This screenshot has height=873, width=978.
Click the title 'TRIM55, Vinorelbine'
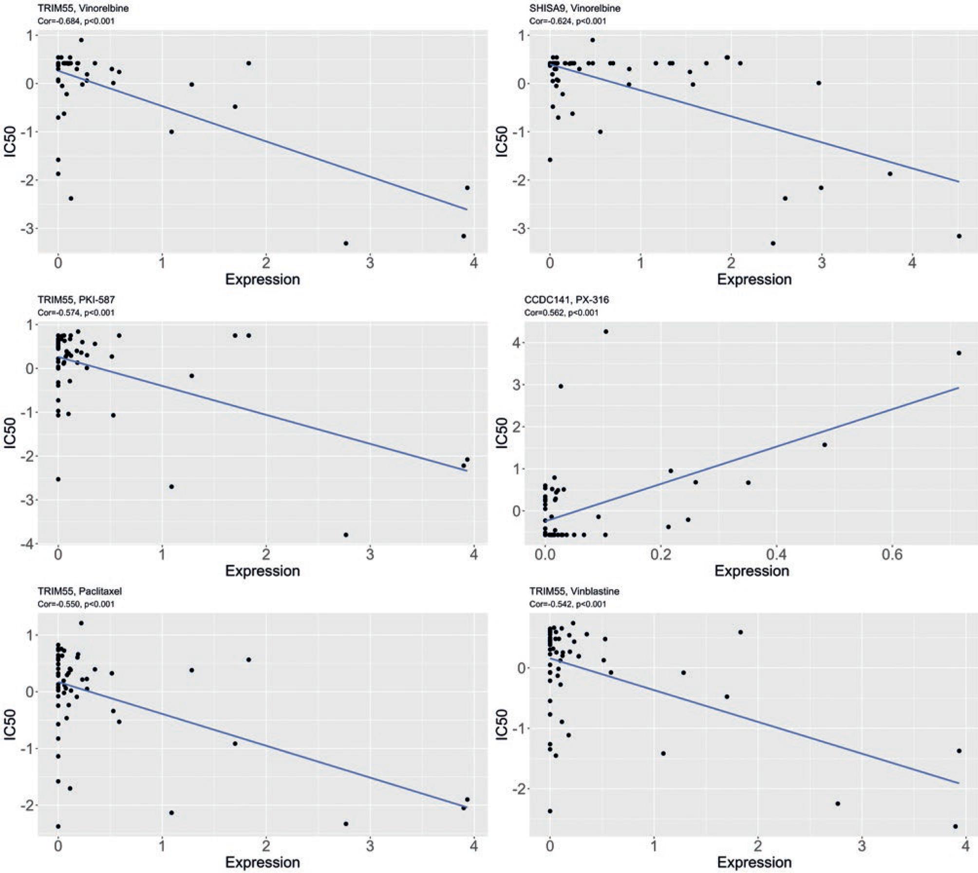(83, 8)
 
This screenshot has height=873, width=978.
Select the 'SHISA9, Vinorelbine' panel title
(575, 8)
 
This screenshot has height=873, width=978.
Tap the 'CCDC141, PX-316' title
(566, 300)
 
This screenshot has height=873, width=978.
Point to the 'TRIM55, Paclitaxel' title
(79, 591)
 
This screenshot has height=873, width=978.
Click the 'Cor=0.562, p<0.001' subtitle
(561, 313)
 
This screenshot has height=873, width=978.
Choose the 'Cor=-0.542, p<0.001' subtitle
(567, 604)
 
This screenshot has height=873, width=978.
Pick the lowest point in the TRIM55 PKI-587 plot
(346, 534)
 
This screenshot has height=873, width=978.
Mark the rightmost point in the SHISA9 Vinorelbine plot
(959, 236)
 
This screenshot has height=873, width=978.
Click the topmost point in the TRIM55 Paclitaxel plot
(81, 623)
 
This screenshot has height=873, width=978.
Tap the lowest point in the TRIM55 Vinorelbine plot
(346, 243)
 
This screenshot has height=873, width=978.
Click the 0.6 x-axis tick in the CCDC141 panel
(892, 554)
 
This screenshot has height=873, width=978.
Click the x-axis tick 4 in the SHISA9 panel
(912, 263)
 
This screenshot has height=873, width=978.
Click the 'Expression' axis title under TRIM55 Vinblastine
(754, 862)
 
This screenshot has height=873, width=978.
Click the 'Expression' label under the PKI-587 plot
(263, 570)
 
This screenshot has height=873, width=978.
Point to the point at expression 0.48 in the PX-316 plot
(825, 444)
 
